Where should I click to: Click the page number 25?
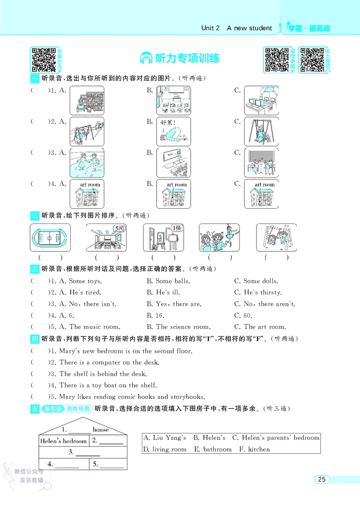321,479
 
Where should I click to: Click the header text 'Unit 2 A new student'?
236,28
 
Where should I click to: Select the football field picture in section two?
50,238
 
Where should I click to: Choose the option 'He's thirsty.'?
263,292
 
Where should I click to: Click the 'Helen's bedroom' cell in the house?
63,441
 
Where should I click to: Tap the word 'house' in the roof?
100,429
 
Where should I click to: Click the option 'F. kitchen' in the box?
254,449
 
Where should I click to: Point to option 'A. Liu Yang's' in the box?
164,438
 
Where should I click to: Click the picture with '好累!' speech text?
173,132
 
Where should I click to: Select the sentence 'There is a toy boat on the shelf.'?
108,385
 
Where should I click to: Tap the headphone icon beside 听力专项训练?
145,58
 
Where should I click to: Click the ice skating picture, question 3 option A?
87,163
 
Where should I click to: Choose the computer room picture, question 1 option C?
261,101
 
